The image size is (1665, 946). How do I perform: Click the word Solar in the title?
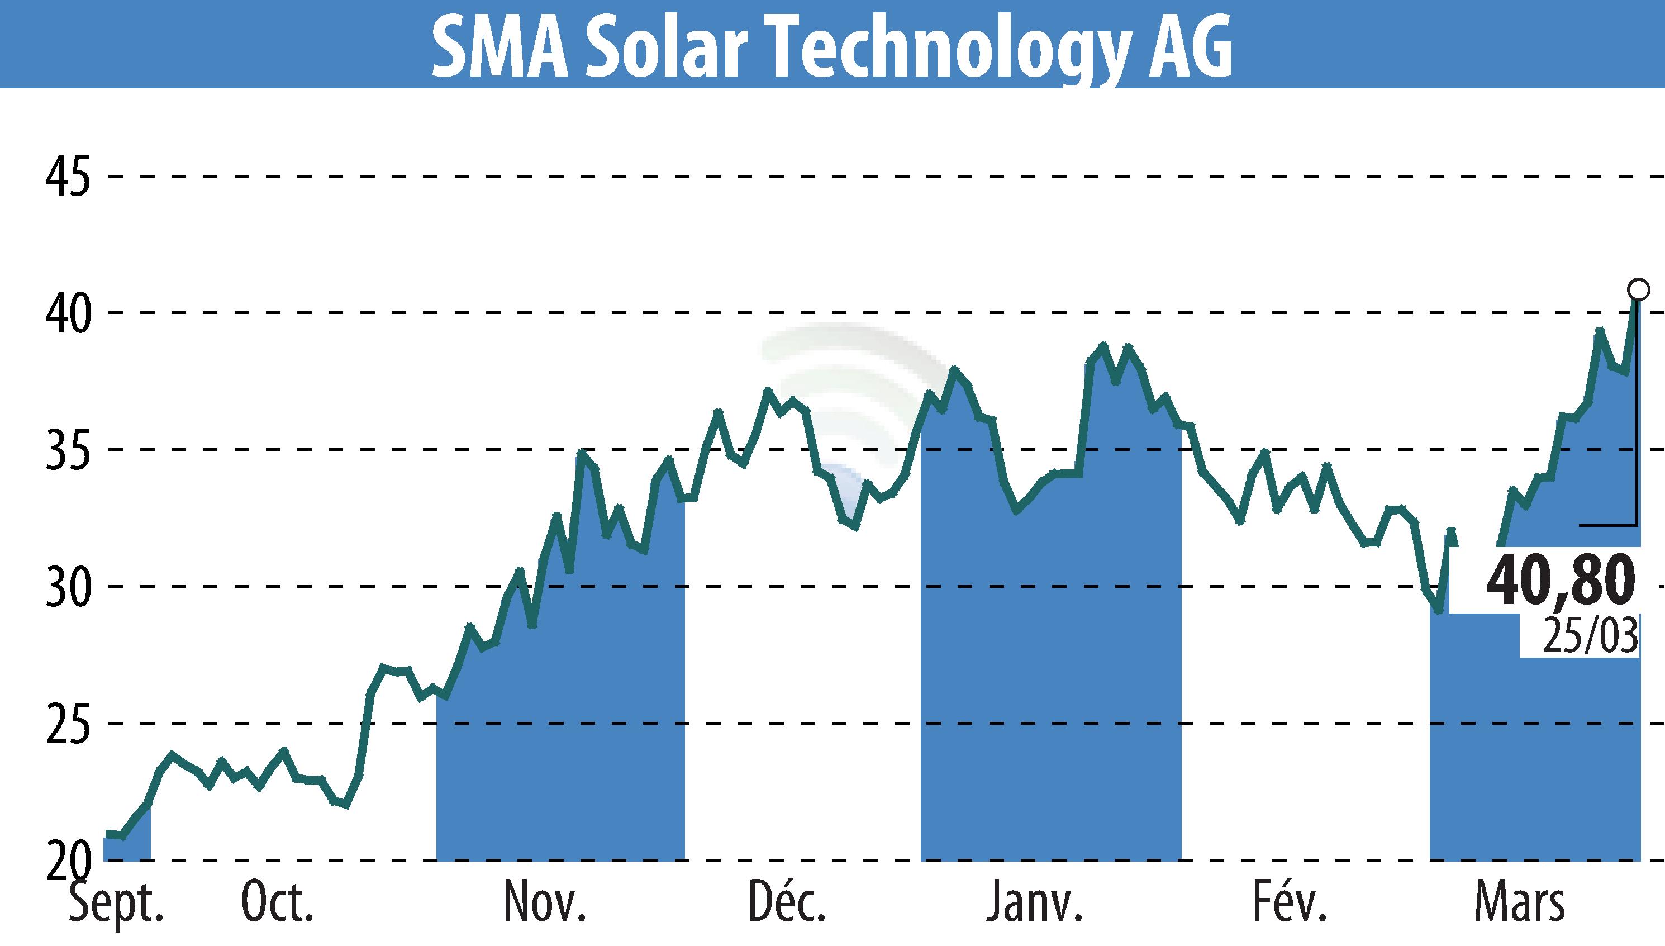coord(663,47)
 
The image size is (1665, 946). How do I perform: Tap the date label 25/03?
coord(1590,637)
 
